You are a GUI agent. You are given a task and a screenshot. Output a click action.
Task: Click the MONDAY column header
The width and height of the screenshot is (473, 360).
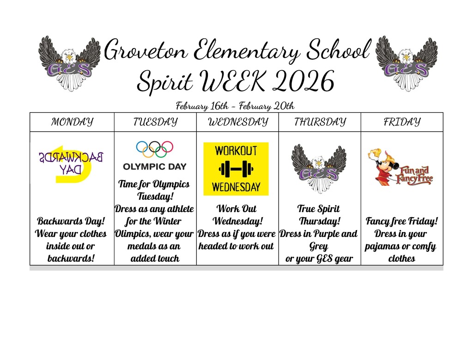click(x=72, y=122)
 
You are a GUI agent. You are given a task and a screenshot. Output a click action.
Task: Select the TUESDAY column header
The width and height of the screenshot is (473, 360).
click(x=155, y=122)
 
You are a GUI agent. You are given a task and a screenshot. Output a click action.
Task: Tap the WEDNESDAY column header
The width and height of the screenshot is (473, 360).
click(x=237, y=122)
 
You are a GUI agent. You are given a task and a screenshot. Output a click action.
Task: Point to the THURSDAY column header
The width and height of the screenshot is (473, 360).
click(x=320, y=122)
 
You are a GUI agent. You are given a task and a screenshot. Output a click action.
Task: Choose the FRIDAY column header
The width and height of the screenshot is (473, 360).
click(x=402, y=122)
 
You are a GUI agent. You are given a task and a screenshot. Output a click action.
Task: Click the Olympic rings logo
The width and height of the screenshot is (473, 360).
click(x=155, y=149)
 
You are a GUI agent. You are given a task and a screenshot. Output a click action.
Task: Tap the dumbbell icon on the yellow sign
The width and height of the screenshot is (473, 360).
click(x=236, y=169)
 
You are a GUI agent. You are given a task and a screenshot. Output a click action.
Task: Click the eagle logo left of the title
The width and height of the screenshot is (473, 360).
click(x=69, y=63)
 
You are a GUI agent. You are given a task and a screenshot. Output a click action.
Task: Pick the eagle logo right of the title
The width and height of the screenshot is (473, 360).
click(x=406, y=63)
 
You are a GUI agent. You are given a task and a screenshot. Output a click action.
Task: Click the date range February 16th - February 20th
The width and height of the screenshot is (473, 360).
click(x=235, y=106)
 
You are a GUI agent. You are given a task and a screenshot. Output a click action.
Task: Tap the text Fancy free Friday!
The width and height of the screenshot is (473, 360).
click(x=401, y=221)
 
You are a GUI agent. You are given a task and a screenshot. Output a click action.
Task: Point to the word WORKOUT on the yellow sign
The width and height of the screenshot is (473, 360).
click(x=236, y=151)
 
